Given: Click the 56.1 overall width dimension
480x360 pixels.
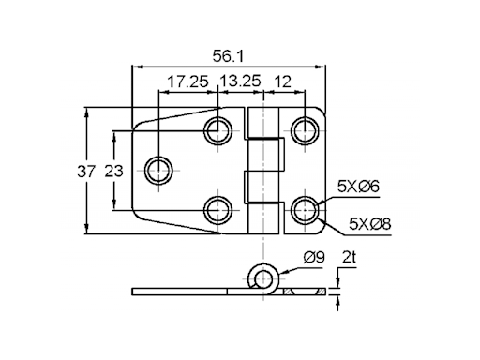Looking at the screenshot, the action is (x=228, y=56).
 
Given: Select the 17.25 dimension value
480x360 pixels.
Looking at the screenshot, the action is (x=187, y=82).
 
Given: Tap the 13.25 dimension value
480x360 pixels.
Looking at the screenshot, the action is (x=240, y=81).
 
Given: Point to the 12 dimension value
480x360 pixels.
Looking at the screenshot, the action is (x=282, y=82).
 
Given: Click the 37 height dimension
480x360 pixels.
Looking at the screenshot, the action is (x=85, y=172).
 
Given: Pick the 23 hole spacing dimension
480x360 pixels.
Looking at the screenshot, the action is (x=113, y=172).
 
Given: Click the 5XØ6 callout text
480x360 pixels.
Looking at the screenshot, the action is (x=358, y=187).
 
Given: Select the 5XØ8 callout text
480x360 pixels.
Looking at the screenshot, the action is (x=369, y=223).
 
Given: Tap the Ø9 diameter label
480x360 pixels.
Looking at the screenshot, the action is (x=314, y=257).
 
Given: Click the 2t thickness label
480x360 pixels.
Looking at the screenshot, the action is (x=350, y=257).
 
